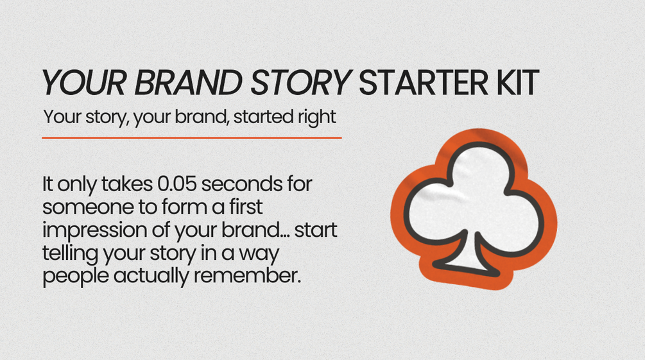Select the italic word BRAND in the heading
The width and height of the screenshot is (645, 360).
coord(189,83)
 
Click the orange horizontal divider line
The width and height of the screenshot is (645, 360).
coord(192,138)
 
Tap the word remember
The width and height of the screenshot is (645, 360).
coord(247,275)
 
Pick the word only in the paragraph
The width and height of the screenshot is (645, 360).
coord(77,185)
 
